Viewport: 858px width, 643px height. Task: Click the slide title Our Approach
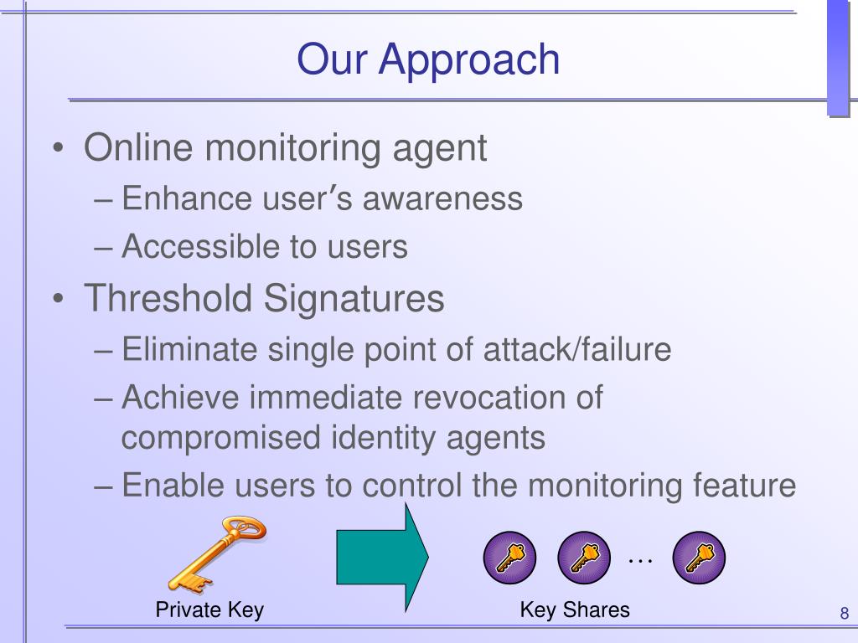(428, 59)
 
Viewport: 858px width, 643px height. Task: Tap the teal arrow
(382, 556)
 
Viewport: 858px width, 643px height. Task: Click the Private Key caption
(209, 610)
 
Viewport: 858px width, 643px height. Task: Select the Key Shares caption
(575, 610)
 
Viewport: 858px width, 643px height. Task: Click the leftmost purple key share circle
(509, 557)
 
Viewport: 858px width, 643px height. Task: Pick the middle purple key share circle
(584, 557)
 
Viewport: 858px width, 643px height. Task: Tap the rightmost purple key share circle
(699, 557)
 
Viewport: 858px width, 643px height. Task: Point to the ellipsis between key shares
(640, 560)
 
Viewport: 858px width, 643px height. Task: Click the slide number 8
(845, 613)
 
